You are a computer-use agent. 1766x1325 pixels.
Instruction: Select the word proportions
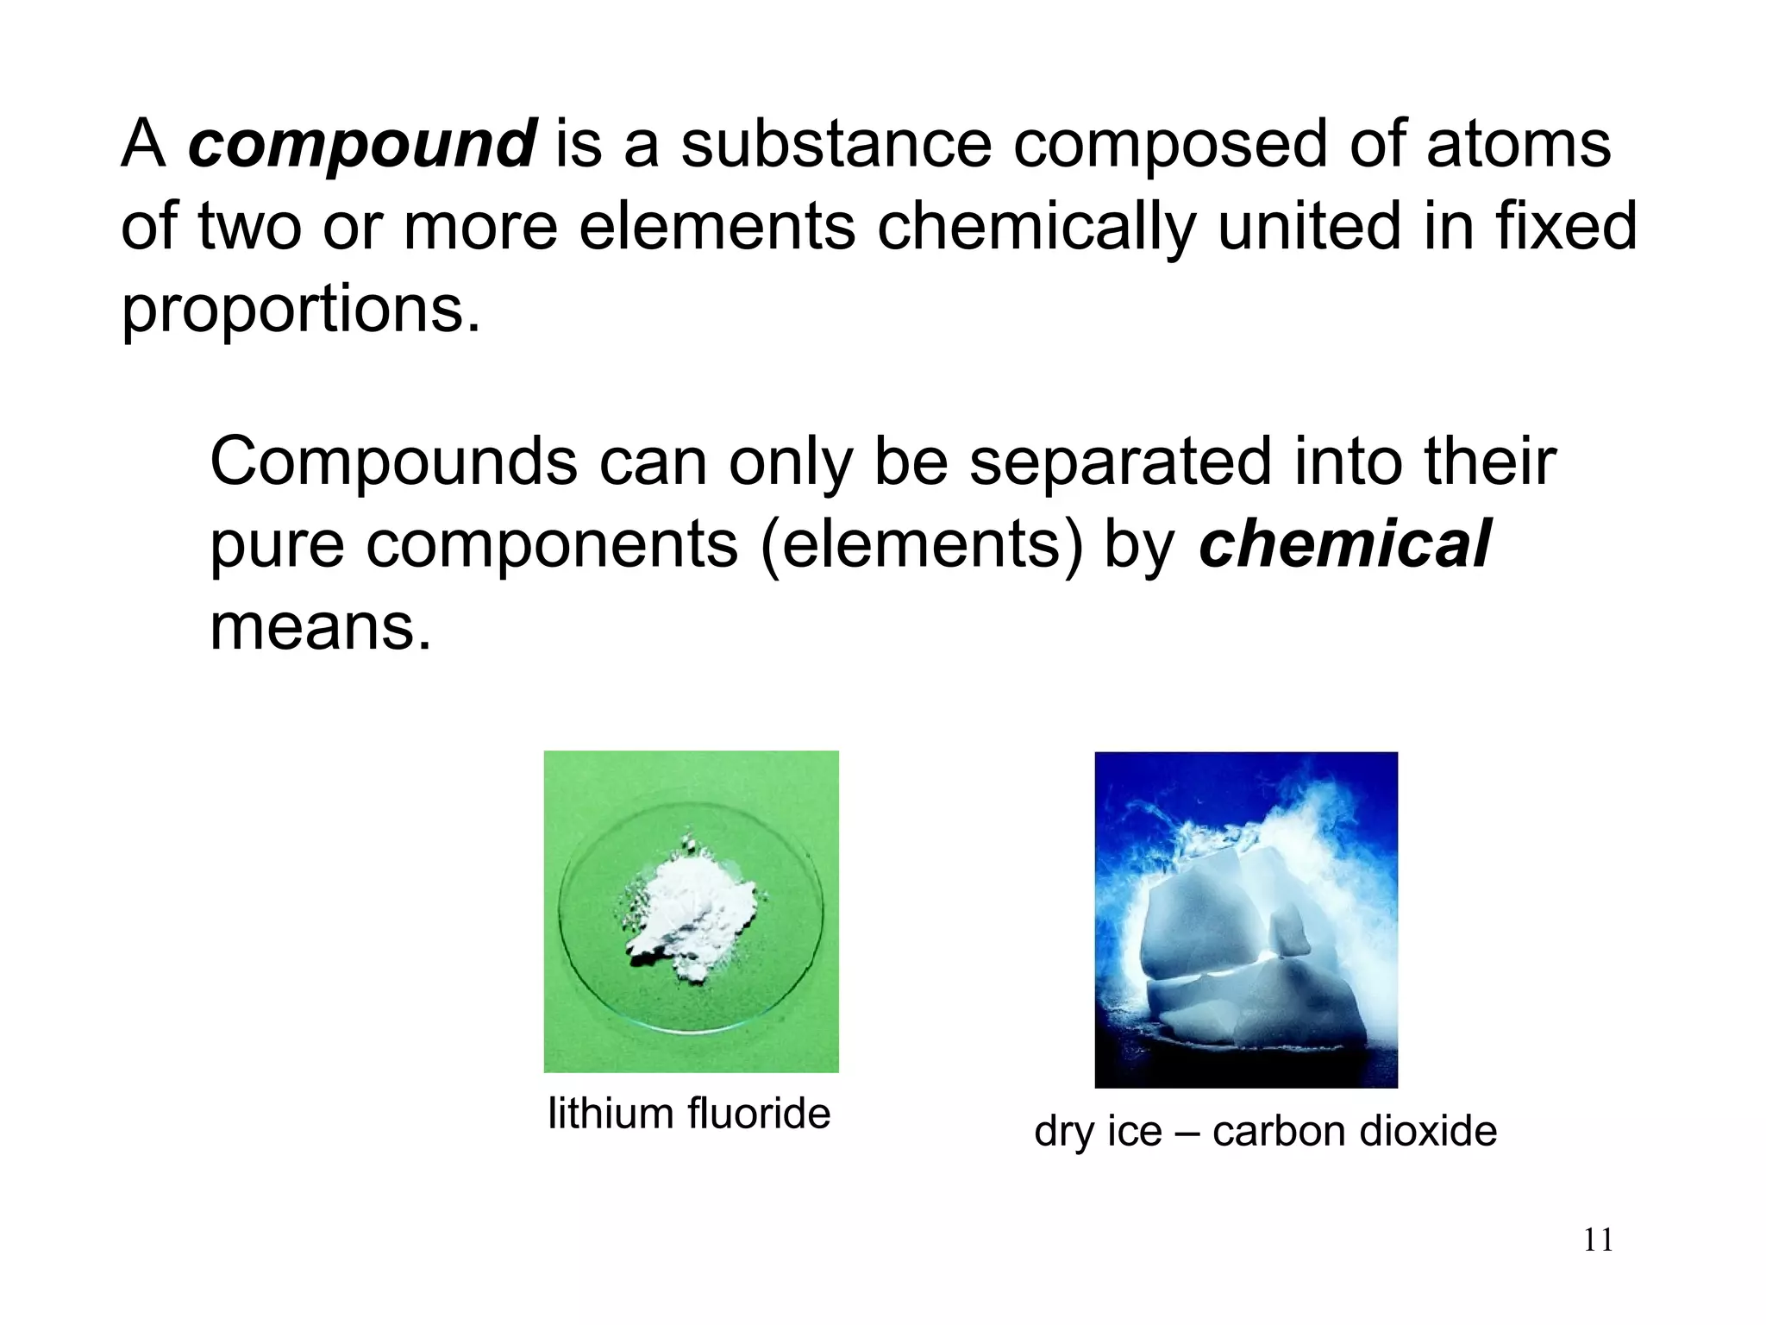(300, 309)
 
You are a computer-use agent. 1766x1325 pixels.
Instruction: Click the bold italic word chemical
(1343, 544)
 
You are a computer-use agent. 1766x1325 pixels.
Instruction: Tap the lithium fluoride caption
(689, 1114)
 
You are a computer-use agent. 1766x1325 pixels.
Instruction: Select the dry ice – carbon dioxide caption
(1265, 1131)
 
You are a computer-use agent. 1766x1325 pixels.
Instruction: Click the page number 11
(1598, 1240)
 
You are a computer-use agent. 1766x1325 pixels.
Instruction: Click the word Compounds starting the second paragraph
(393, 462)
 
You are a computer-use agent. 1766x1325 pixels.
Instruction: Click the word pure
(277, 546)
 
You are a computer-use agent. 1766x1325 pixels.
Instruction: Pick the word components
(552, 546)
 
